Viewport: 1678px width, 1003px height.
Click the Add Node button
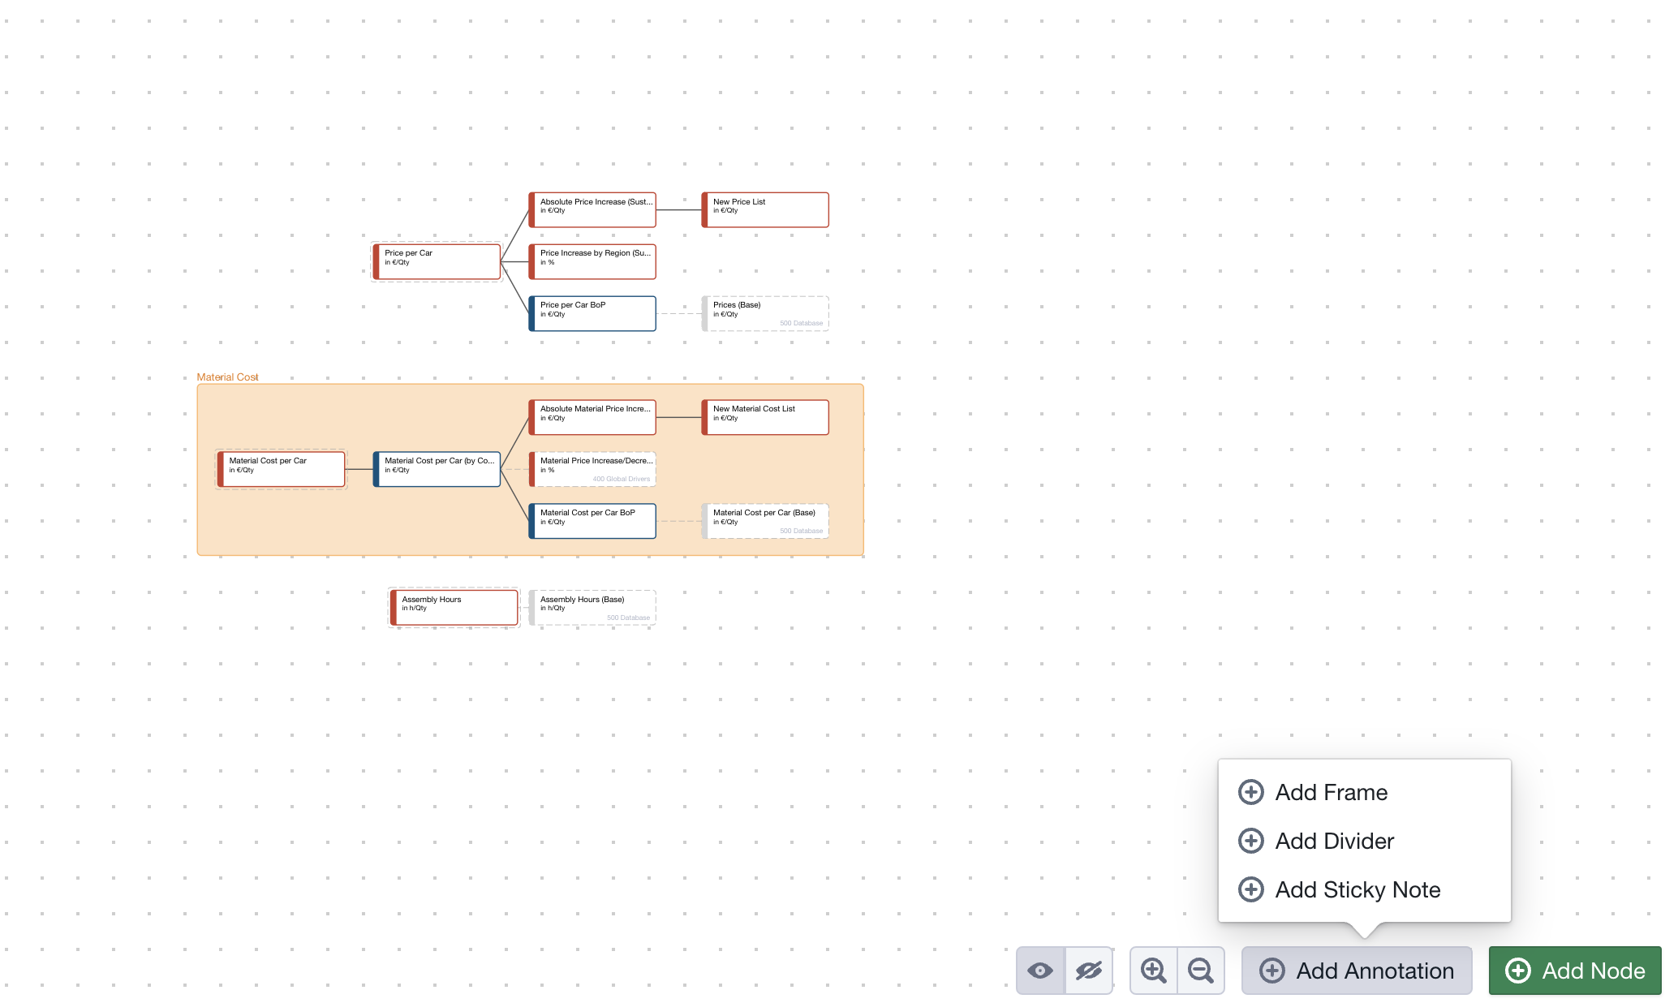click(x=1575, y=971)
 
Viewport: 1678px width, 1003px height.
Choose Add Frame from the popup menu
click(x=1331, y=792)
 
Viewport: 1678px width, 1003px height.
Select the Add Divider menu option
click(x=1334, y=841)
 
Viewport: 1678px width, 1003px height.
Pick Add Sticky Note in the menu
click(x=1357, y=889)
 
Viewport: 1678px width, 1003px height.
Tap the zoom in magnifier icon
click(x=1153, y=971)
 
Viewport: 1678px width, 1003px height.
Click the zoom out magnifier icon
click(x=1201, y=971)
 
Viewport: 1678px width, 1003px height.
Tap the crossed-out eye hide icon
click(x=1089, y=971)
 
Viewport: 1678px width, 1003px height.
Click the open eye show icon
click(x=1040, y=971)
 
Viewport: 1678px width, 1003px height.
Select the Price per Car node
click(x=437, y=261)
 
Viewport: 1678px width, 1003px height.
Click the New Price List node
click(x=765, y=209)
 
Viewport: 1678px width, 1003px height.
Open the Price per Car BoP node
click(x=592, y=313)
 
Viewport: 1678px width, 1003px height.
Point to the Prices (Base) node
click(x=765, y=313)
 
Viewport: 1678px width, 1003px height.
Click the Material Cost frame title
click(x=227, y=377)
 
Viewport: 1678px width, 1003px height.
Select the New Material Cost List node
click(x=765, y=417)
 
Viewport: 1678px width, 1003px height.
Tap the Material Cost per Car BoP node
click(x=592, y=521)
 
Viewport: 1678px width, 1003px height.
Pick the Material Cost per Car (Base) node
click(x=765, y=521)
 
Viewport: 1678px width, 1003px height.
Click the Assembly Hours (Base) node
click(x=592, y=608)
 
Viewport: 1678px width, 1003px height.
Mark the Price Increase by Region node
click(x=592, y=261)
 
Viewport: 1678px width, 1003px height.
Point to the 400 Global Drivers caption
click(x=622, y=479)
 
